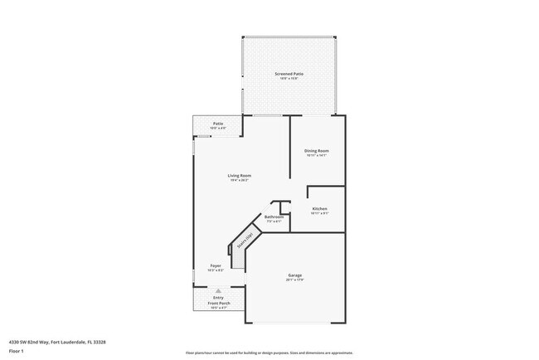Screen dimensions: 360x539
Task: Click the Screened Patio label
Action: tap(289, 74)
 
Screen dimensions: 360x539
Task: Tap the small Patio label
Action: tap(217, 124)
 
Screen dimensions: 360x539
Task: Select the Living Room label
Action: tap(240, 175)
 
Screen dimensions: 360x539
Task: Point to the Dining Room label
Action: tap(317, 150)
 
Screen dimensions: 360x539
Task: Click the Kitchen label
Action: tap(319, 208)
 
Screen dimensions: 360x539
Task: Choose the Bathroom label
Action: tap(274, 216)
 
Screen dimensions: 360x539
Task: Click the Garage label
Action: tap(294, 275)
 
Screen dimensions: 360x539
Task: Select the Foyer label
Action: tap(215, 265)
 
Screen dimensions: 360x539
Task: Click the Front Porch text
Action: tap(218, 303)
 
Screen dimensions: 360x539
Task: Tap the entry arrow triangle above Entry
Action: tap(218, 290)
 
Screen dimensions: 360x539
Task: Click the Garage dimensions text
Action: tap(294, 280)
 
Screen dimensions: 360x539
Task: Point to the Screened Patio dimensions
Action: tap(289, 79)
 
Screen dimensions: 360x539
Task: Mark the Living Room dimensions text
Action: tap(240, 180)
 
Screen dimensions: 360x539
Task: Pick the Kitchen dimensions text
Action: tap(319, 213)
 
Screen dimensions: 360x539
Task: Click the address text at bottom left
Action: tap(57, 341)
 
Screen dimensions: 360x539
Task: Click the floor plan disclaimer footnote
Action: tap(269, 353)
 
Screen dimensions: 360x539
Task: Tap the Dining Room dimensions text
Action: tap(317, 155)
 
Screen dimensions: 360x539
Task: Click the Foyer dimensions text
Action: tap(215, 270)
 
